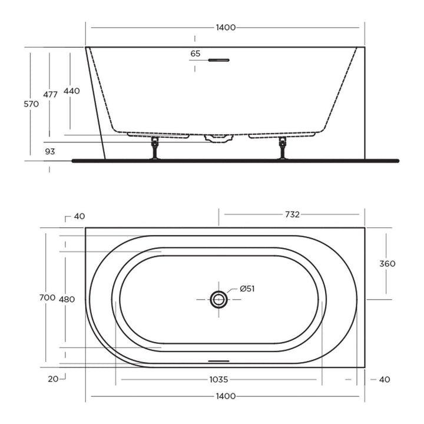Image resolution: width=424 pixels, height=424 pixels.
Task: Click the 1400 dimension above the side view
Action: pos(226,28)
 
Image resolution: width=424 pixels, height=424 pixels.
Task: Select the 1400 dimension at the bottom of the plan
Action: pos(226,396)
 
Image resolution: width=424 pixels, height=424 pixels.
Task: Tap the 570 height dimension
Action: pos(31,104)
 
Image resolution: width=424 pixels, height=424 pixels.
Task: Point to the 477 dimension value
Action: pos(50,94)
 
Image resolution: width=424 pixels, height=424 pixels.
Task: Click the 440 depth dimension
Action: pos(71,91)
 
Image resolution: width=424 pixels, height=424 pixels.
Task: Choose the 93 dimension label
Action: pos(50,151)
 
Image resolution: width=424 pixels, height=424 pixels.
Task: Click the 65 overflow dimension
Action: pos(196,54)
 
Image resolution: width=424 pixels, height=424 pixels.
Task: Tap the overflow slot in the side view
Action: pos(220,59)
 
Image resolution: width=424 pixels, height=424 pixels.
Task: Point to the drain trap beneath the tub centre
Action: pos(218,138)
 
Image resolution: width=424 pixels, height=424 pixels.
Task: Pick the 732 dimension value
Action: pos(292,214)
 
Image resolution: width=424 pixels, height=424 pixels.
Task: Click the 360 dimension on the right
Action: pos(387,263)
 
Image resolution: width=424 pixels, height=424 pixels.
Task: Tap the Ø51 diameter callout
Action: pos(247,289)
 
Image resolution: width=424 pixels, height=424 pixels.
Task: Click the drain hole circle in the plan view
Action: pos(219,299)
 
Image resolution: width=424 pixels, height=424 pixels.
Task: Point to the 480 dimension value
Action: pos(67,299)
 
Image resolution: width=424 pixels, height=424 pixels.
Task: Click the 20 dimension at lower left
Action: pos(53,379)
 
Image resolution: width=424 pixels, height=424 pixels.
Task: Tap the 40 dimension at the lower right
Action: pos(384,379)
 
